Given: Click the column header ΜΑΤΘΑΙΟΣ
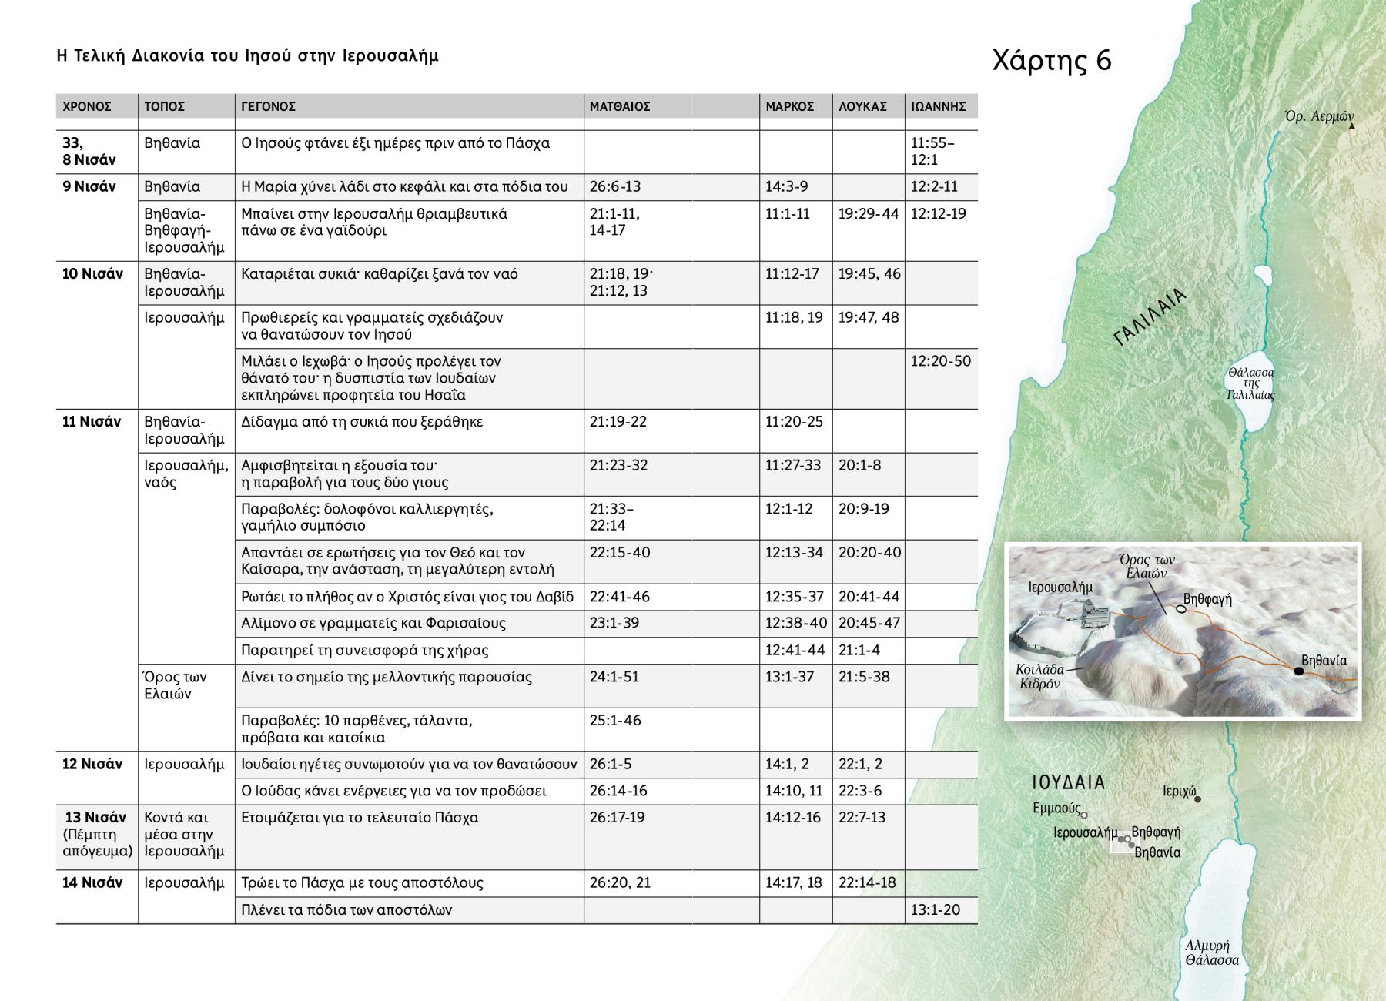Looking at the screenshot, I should (620, 106).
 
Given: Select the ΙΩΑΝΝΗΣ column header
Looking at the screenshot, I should (938, 106).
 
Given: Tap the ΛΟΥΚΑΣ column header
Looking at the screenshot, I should (862, 106).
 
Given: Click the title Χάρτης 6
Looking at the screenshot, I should (1052, 60).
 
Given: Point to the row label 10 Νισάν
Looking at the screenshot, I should (92, 274).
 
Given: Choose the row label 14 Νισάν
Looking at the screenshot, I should (92, 882).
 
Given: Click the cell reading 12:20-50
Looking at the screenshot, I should (940, 361).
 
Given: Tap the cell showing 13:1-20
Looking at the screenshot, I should (936, 909).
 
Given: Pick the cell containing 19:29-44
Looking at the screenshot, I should (869, 213).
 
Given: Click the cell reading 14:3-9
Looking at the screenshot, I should (787, 186).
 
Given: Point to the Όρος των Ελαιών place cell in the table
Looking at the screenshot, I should (175, 685).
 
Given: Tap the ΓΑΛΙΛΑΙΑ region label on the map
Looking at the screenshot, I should (1150, 317).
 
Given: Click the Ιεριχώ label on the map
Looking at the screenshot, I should (1179, 791).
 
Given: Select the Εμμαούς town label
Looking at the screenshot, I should (1056, 808).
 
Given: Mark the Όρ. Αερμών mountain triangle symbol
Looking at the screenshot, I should (1351, 126).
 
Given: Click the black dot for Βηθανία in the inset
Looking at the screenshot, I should (1298, 671).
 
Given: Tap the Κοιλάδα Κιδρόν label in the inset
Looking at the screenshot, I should (1039, 677).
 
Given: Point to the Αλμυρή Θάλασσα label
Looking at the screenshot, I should (1212, 953).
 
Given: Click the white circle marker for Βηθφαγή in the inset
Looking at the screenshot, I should (1181, 609).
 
